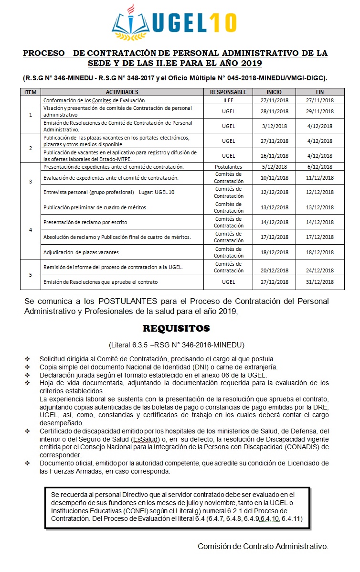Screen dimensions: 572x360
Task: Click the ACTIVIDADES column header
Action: [x=122, y=92]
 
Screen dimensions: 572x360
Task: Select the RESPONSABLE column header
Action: [x=228, y=92]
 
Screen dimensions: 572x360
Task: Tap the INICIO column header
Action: [x=274, y=92]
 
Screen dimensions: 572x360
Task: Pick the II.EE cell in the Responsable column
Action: [x=228, y=100]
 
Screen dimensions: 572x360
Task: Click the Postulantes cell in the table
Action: [x=228, y=167]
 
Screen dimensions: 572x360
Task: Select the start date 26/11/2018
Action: [x=274, y=156]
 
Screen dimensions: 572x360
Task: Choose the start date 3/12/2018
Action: [x=274, y=126]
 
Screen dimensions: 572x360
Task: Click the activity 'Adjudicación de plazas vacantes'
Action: [x=81, y=252]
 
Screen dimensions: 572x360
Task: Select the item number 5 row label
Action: [x=31, y=274]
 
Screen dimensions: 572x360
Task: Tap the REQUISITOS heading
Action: [x=176, y=329]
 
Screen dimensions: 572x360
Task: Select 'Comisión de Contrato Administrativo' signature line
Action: [x=263, y=546]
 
